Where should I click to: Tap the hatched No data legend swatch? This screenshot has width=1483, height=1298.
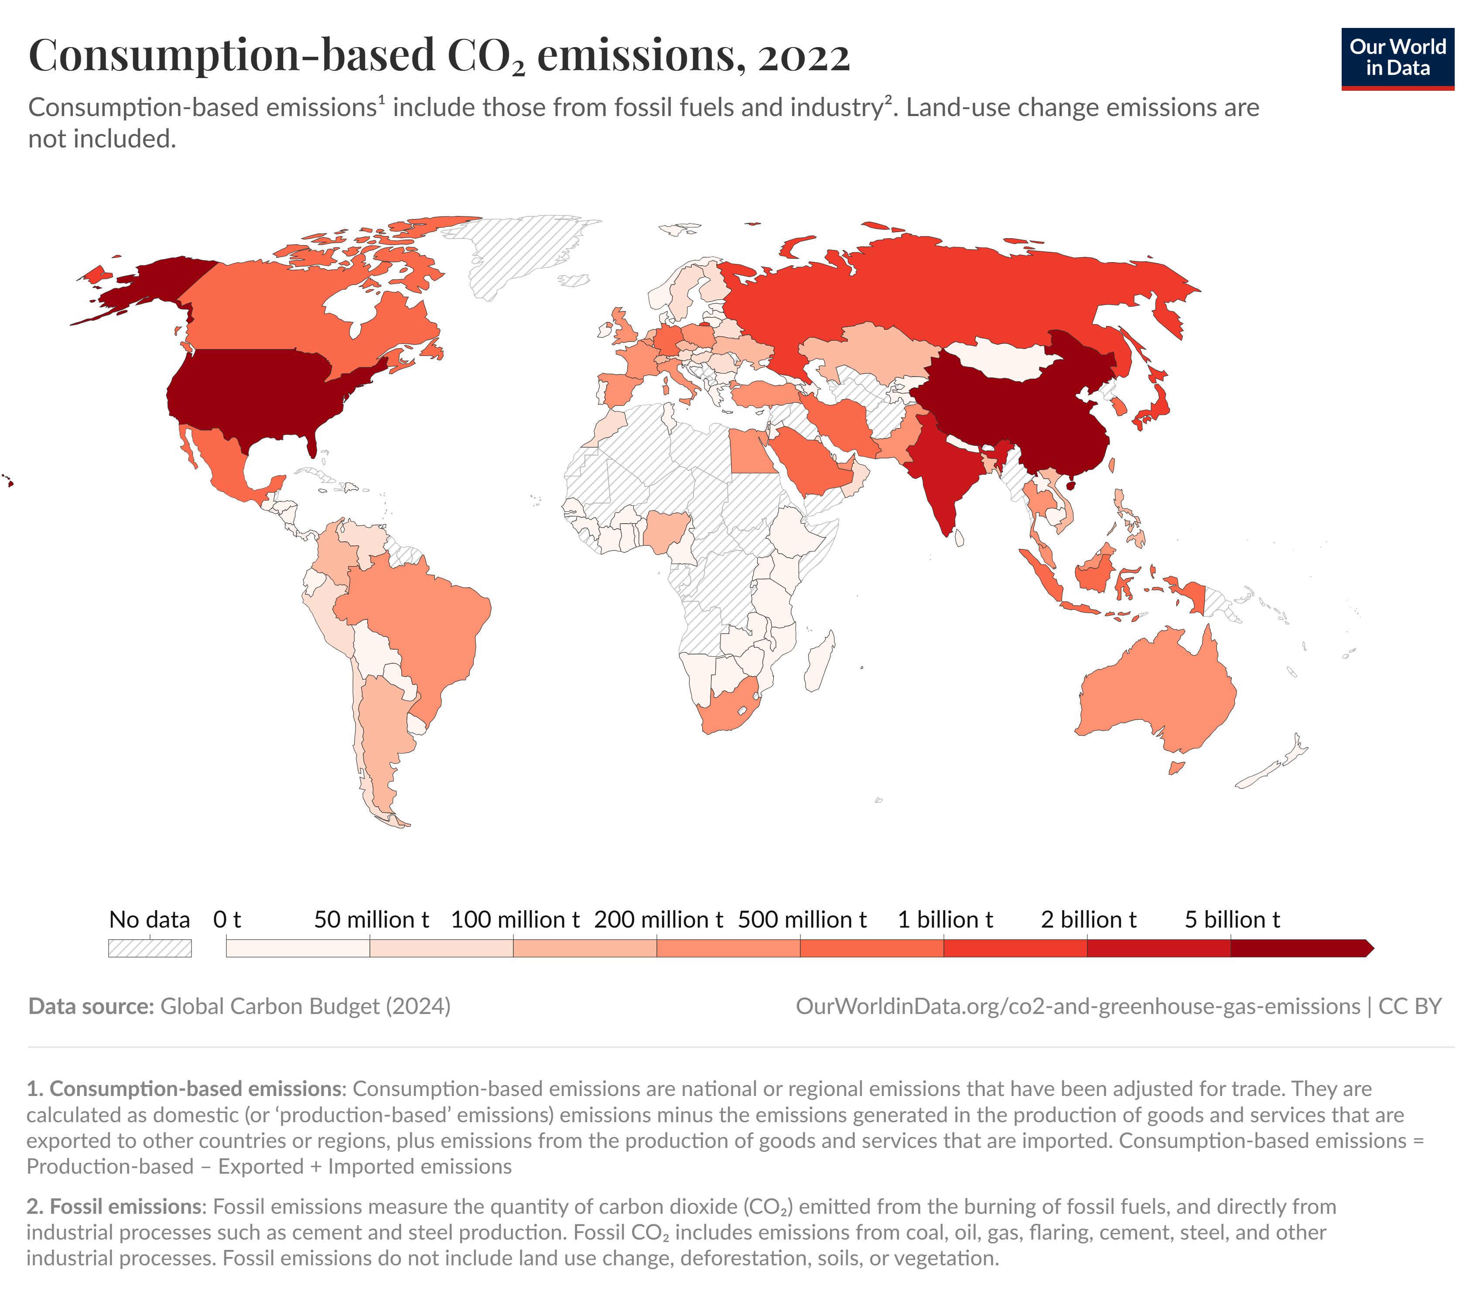[150, 948]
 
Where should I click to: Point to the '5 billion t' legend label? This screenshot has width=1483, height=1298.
[1232, 919]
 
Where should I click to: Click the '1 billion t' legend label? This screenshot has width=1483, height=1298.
[945, 919]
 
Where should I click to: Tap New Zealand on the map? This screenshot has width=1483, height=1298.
[1275, 768]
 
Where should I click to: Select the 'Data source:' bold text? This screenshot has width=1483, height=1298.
[91, 1006]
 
